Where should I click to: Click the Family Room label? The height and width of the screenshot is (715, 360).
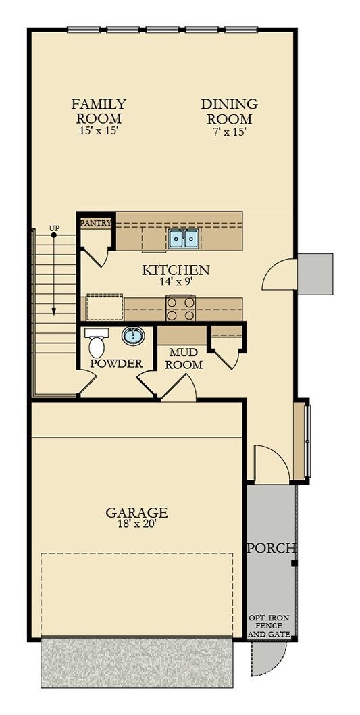click(x=99, y=111)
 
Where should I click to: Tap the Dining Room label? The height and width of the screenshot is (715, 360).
click(x=229, y=111)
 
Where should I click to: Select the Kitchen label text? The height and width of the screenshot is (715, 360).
click(x=176, y=270)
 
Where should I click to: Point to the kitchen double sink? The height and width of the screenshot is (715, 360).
click(x=183, y=238)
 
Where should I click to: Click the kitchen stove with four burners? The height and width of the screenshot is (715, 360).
click(x=180, y=309)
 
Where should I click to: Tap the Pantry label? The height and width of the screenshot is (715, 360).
click(x=96, y=222)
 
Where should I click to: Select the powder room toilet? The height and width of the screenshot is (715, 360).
click(x=97, y=343)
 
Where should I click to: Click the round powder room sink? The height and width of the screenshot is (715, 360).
click(x=133, y=335)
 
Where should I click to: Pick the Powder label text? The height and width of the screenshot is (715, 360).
click(x=116, y=364)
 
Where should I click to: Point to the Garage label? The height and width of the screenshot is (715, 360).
click(x=136, y=512)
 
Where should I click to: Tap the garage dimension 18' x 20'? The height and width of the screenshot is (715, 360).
click(x=136, y=524)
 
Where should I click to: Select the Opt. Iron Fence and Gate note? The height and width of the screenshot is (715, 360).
click(x=269, y=627)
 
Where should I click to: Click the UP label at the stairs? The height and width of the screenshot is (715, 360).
click(x=54, y=228)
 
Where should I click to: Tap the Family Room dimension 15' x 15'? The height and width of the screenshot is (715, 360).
click(x=99, y=132)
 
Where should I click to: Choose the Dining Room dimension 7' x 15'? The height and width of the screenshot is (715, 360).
click(x=229, y=132)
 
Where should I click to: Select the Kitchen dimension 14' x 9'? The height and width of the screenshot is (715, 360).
click(x=176, y=282)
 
